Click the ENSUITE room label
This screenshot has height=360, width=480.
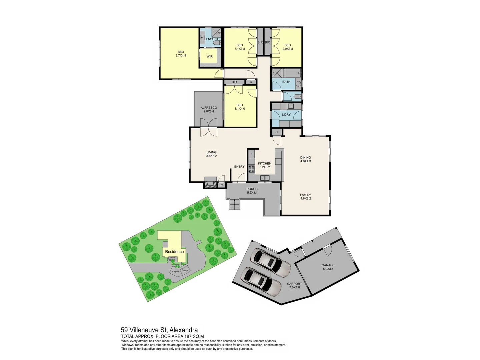[x=212, y=39]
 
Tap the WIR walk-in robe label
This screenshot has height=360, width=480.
[x=209, y=57]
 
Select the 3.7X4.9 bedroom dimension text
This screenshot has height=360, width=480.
[x=181, y=56]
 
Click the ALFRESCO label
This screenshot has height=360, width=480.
[x=209, y=108]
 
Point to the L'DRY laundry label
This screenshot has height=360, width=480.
[x=286, y=115]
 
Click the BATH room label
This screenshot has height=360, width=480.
[x=286, y=82]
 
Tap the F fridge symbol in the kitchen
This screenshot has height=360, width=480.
[x=252, y=154]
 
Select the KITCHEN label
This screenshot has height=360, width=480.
[x=264, y=164]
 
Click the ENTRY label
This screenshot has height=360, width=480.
[x=239, y=167]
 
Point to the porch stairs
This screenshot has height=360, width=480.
[x=234, y=204]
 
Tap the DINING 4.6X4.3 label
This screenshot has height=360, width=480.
[x=305, y=159]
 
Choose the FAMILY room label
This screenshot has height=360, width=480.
[x=305, y=195]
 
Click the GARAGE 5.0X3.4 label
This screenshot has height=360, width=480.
[x=328, y=267]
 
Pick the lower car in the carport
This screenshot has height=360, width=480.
[x=262, y=282]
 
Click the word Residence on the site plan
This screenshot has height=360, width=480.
[x=174, y=252]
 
